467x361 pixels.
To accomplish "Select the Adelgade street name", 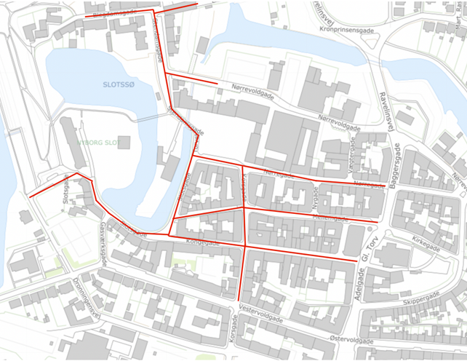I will coord(358,278).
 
